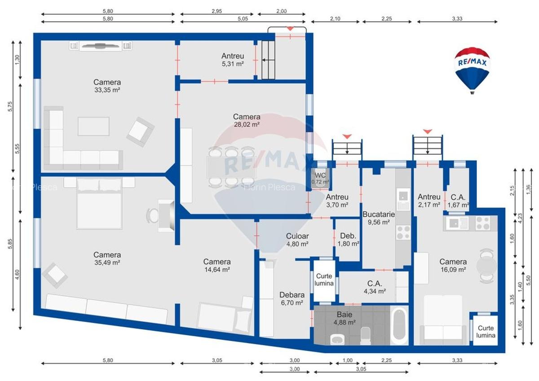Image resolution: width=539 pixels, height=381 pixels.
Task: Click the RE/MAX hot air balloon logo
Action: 472,68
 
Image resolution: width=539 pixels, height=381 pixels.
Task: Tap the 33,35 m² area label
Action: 107,90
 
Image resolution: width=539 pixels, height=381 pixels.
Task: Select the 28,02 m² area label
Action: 246,125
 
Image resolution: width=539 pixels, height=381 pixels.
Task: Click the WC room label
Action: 320,175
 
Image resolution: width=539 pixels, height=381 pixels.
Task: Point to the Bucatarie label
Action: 378,214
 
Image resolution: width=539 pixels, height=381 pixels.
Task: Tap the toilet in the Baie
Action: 366,335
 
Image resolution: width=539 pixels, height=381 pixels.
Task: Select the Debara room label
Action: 292,295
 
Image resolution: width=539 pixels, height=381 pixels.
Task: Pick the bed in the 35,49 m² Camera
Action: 100,204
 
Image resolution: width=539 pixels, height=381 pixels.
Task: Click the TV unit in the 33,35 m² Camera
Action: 101,45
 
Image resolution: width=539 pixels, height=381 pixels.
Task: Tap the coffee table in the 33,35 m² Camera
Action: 93,126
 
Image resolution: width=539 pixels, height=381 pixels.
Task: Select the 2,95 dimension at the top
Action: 217,12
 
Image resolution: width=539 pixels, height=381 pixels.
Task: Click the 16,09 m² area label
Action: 453,270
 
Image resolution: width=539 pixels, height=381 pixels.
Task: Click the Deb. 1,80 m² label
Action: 349,240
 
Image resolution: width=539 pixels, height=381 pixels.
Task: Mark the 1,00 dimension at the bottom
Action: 348,360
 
